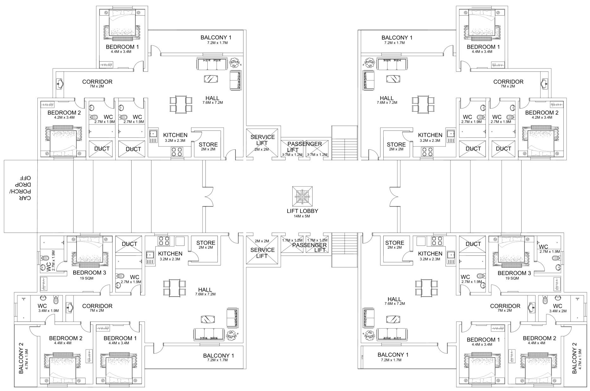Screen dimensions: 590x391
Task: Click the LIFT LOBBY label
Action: coord(302,211)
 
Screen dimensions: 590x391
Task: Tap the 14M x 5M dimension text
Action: coord(302,216)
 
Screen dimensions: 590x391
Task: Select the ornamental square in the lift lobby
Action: coord(302,196)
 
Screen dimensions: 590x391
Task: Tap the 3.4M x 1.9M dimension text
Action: coord(48,311)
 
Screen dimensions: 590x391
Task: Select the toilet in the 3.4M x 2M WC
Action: coord(545,300)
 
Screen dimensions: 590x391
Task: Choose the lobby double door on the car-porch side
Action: coord(208,197)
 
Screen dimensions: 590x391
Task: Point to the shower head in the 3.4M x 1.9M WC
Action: coord(23,298)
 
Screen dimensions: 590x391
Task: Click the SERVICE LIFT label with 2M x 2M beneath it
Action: coord(263,140)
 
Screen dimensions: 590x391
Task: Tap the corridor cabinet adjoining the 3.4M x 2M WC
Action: coord(532,307)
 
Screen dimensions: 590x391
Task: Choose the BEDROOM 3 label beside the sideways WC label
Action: coord(89,273)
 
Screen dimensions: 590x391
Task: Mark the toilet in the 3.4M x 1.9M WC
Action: coord(56,300)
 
